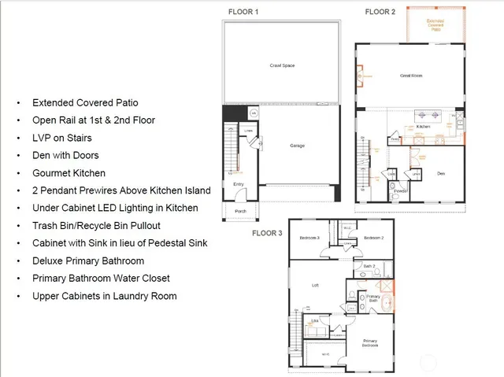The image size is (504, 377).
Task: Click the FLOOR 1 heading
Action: (x=243, y=12)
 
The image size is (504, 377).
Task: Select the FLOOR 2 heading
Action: (x=380, y=12)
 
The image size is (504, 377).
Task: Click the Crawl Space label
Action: (x=281, y=65)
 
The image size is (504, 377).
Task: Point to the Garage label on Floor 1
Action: (x=296, y=146)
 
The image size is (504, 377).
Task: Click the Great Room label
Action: (x=412, y=76)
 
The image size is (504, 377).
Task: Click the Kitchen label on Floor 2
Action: (x=423, y=126)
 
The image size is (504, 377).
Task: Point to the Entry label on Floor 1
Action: (x=238, y=185)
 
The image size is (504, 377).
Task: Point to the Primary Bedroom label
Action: (x=369, y=343)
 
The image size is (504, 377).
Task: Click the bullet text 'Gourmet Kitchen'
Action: (x=69, y=173)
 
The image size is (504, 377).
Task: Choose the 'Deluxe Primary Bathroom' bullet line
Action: (x=87, y=261)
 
